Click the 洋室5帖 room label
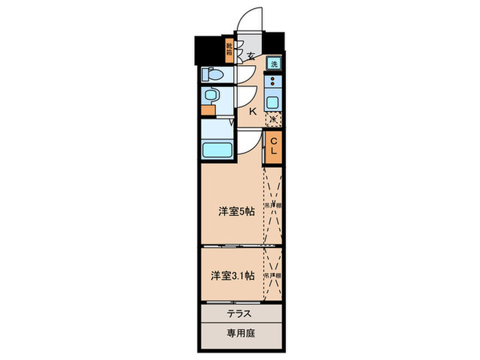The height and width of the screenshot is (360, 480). (237, 212)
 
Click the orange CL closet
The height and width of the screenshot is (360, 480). (273, 147)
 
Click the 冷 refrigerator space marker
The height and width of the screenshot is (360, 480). (273, 119)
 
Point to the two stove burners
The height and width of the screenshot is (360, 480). (273, 84)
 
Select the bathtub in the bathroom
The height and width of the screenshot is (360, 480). (217, 150)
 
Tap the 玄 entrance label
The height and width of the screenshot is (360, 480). (251, 56)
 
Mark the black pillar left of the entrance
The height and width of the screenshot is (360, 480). (208, 48)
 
